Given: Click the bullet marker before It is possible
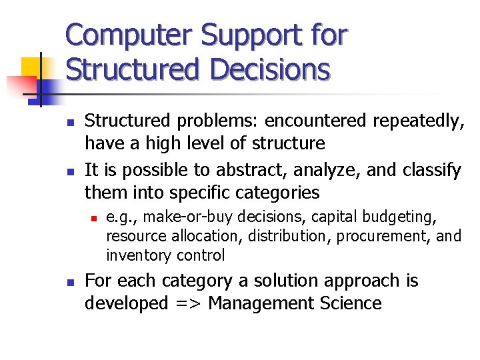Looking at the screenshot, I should click(70, 172).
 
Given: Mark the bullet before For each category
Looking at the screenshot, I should click(70, 282).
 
